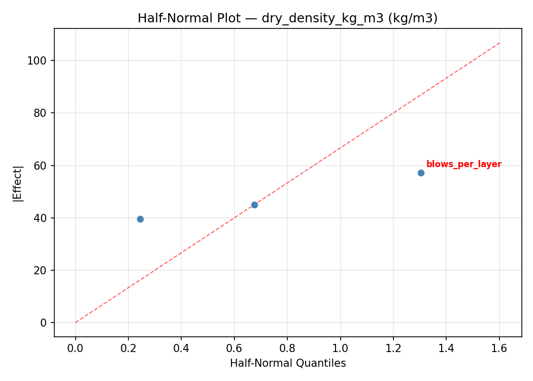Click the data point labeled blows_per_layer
[x=421, y=173]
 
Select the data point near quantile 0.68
[x=254, y=205]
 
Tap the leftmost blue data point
[x=140, y=219]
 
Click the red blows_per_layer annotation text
[x=463, y=164]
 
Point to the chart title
[x=287, y=18]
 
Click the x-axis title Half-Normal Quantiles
[x=287, y=363]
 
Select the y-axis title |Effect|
[x=18, y=183]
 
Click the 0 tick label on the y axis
[x=45, y=323]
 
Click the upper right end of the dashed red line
[x=500, y=43]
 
